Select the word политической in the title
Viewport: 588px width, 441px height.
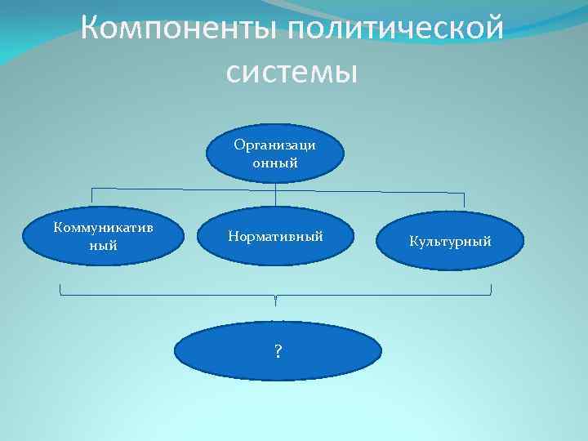(x=392, y=31)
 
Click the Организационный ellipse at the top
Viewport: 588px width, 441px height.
(x=275, y=154)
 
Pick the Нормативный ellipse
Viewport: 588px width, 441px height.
(x=275, y=237)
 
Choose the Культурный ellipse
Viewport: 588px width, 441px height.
(x=451, y=243)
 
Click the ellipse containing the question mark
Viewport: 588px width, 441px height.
(x=278, y=351)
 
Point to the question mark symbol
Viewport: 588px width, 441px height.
(x=278, y=352)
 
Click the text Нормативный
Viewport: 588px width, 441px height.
(x=275, y=236)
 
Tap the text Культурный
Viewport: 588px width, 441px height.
(x=451, y=243)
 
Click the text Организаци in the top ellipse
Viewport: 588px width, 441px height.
(x=275, y=145)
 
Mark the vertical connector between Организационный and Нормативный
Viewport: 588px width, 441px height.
(x=276, y=194)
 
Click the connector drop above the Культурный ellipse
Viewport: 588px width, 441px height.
(x=464, y=200)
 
